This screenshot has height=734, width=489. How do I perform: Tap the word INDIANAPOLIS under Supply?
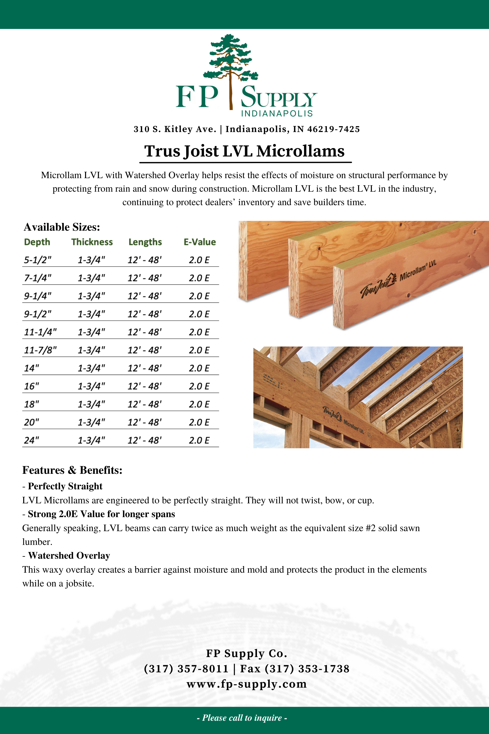point(277,114)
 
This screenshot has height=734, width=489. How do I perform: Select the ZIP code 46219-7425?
point(333,129)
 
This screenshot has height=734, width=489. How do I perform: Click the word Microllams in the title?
point(300,151)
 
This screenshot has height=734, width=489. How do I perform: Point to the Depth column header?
point(37,242)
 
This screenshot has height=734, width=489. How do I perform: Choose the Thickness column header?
point(92,242)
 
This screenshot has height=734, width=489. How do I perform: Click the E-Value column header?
point(200,242)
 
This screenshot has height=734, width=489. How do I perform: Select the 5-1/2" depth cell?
point(38,260)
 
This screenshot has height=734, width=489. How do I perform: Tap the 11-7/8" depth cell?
point(40,350)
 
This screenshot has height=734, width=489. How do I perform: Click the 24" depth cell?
point(32,440)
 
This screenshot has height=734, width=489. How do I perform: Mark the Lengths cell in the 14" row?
point(145,368)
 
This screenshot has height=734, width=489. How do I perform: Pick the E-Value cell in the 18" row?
point(199,404)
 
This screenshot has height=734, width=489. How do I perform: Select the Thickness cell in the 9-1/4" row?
point(91,296)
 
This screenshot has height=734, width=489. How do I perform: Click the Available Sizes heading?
point(62,227)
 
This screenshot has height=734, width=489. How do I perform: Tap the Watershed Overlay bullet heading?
point(69,556)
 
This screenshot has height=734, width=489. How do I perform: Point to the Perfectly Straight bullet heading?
point(65,486)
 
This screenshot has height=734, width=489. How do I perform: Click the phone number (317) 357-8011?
point(186,669)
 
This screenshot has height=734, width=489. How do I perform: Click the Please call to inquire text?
point(242,718)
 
